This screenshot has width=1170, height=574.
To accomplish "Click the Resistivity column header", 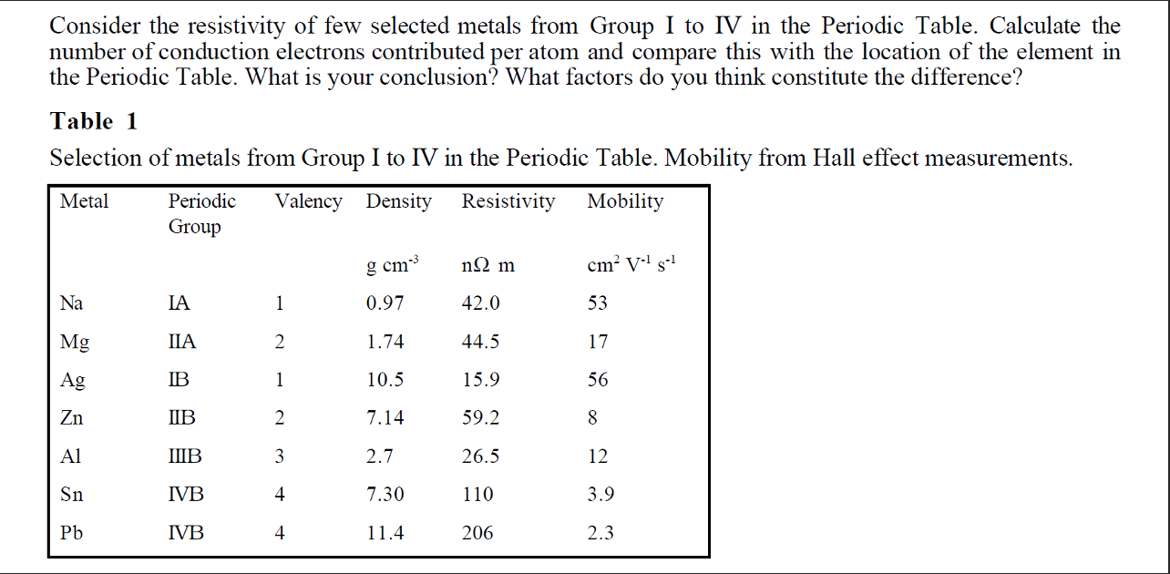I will point(508,201).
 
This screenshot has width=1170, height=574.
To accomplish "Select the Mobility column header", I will point(625,201).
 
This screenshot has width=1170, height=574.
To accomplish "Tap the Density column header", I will point(398,201).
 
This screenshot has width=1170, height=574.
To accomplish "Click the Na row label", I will point(71,303).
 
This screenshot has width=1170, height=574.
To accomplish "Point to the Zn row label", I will point(72,418).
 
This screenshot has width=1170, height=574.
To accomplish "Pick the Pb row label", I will point(71,533).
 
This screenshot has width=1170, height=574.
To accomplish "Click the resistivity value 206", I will point(477,533).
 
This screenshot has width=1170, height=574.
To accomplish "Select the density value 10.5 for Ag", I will point(385,380).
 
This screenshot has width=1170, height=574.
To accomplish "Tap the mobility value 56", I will point(598,380).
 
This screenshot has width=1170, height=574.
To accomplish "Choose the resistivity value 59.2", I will point(480,418).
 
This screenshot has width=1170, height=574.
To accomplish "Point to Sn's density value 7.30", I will point(385,495).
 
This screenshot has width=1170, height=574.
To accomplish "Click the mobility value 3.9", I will point(600,495).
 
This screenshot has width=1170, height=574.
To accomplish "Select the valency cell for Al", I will point(280,456).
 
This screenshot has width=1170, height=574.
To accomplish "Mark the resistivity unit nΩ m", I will point(488,266).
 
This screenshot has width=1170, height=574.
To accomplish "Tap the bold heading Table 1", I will point(95,121).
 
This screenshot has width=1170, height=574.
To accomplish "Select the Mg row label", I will point(75,343).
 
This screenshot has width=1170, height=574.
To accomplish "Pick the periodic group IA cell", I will point(180,303).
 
